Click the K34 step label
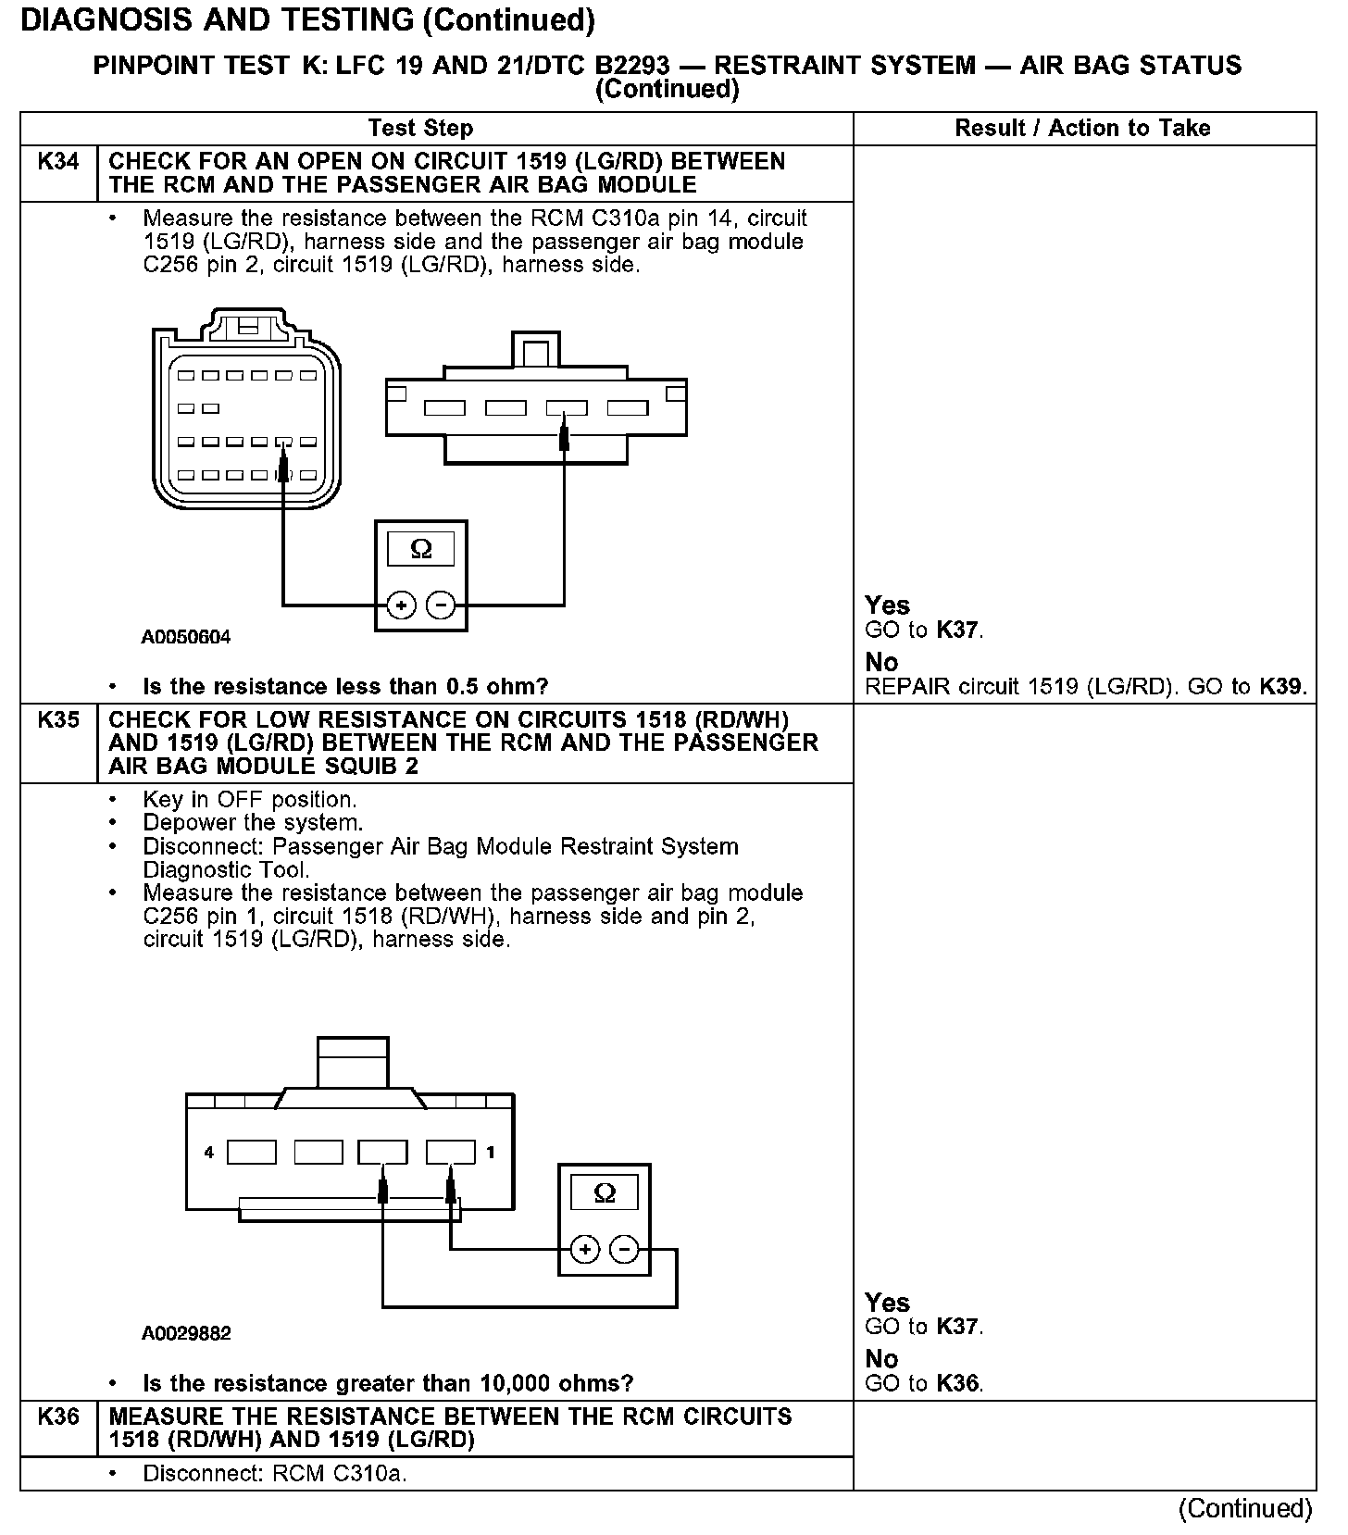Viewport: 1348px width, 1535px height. (x=57, y=162)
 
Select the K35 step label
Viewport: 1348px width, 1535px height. (x=57, y=720)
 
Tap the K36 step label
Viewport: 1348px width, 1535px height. (x=57, y=1416)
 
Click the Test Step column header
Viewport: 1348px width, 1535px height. (x=420, y=129)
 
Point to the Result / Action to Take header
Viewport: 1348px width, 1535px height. (x=1082, y=129)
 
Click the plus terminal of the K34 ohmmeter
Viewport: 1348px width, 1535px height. (x=401, y=606)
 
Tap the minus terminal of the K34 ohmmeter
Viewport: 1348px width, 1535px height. (x=441, y=606)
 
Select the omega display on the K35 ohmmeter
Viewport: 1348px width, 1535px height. (x=605, y=1192)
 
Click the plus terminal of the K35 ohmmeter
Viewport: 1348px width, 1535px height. (x=584, y=1250)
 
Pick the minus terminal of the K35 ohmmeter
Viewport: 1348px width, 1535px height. (x=625, y=1250)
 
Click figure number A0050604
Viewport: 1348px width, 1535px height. (x=186, y=637)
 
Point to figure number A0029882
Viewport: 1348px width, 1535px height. (x=186, y=1333)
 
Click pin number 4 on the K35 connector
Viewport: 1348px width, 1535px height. (x=209, y=1153)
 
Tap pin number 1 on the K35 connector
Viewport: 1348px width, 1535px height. (x=490, y=1153)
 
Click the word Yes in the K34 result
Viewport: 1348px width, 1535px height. (x=887, y=605)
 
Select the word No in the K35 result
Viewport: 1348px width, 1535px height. (x=881, y=1359)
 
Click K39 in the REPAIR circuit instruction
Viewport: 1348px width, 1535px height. (x=1281, y=687)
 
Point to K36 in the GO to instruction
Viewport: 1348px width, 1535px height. (x=958, y=1384)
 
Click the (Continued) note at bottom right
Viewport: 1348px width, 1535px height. (x=1245, y=1509)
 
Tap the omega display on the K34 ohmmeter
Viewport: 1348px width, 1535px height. (x=421, y=550)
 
